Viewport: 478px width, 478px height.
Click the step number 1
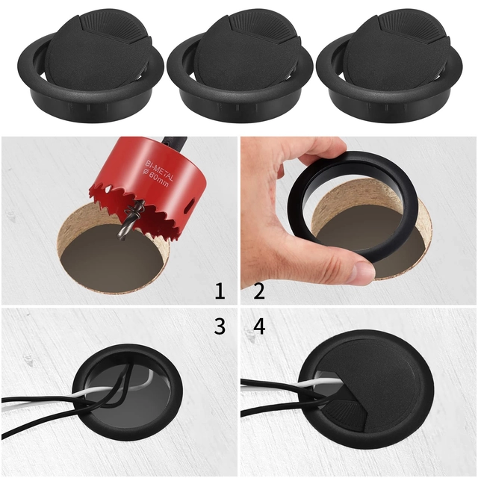pyautogui.click(x=219, y=291)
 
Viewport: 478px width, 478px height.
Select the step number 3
pyautogui.click(x=219, y=326)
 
